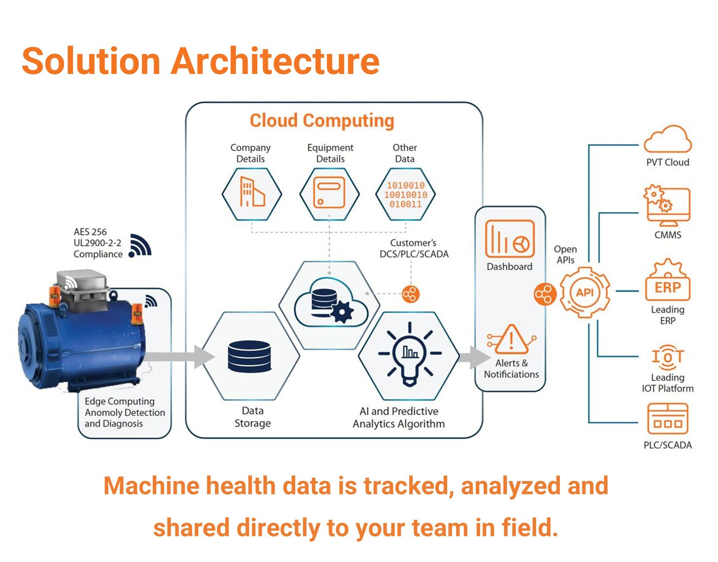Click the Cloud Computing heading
[322, 121]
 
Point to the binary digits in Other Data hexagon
[405, 195]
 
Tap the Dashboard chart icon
[510, 239]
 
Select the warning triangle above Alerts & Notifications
[512, 340]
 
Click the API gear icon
[585, 293]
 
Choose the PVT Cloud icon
[667, 140]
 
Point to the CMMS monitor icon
[667, 206]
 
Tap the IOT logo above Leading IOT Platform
[667, 357]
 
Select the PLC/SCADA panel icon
[667, 419]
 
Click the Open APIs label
[565, 255]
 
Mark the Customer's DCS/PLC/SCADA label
[414, 249]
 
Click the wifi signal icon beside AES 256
[140, 246]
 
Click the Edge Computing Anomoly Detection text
[124, 412]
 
